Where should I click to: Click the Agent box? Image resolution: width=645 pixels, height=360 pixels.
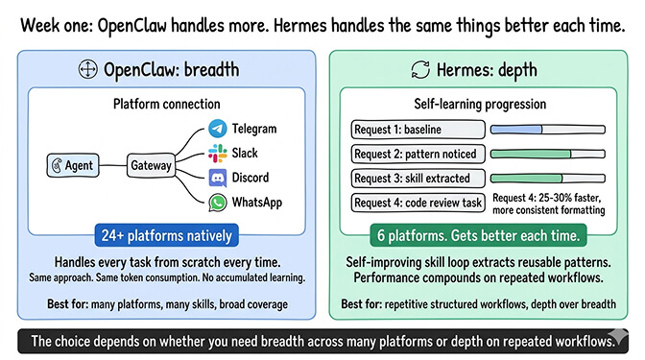tap(71, 165)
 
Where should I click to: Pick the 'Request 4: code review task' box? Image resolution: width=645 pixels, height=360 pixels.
tap(418, 203)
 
